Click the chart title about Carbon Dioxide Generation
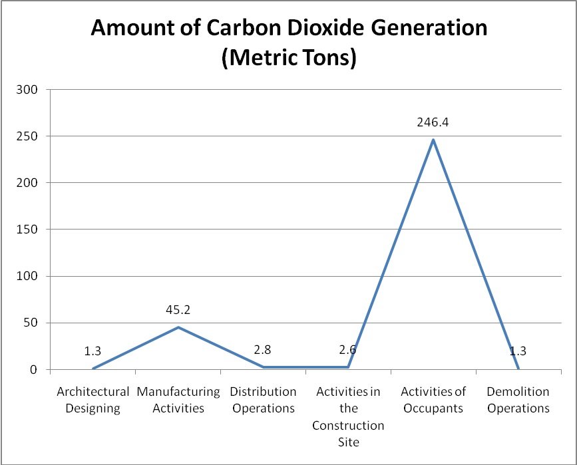(289, 42)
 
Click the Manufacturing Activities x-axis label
(178, 400)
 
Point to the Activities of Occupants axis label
(433, 400)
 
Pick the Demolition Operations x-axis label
(518, 400)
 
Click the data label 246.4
(433, 123)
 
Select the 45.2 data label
(178, 309)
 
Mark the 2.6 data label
(348, 349)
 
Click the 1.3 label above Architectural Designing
(93, 351)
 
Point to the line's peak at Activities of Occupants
(433, 140)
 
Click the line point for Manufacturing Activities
(178, 327)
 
